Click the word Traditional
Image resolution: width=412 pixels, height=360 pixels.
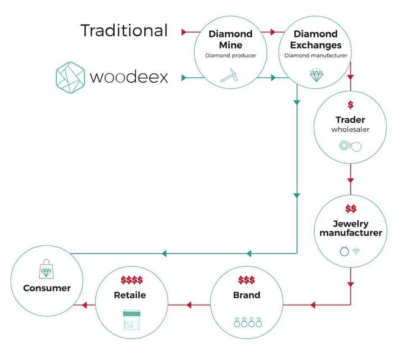click(x=124, y=31)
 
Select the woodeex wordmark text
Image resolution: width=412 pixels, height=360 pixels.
click(x=129, y=77)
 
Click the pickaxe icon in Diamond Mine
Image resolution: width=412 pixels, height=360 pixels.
click(x=229, y=75)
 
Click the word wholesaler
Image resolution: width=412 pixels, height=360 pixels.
click(x=350, y=129)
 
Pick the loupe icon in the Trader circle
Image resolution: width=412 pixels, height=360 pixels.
click(x=350, y=146)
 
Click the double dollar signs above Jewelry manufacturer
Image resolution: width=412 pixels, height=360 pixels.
click(x=351, y=209)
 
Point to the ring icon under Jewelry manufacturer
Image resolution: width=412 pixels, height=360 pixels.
click(x=344, y=251)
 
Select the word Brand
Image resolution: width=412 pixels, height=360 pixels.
click(x=247, y=295)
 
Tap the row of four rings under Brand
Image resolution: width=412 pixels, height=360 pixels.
click(x=247, y=322)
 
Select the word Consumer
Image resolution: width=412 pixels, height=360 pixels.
click(x=47, y=288)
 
